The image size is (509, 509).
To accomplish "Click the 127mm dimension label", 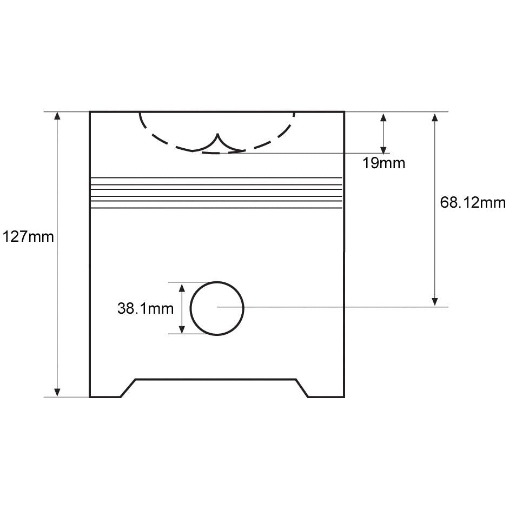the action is [28, 236].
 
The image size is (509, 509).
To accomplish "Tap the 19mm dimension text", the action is [384, 163].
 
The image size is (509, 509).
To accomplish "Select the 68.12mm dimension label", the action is [473, 202].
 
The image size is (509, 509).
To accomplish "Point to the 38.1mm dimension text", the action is [146, 308].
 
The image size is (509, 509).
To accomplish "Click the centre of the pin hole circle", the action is [217, 308].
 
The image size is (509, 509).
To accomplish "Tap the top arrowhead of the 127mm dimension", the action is [57, 116].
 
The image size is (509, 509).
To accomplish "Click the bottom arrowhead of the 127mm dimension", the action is [57, 393].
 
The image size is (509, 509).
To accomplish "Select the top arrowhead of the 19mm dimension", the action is [384, 117].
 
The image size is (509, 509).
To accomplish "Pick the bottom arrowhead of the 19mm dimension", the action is [384, 149].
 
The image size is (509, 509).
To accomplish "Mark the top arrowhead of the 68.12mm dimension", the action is [435, 117].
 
